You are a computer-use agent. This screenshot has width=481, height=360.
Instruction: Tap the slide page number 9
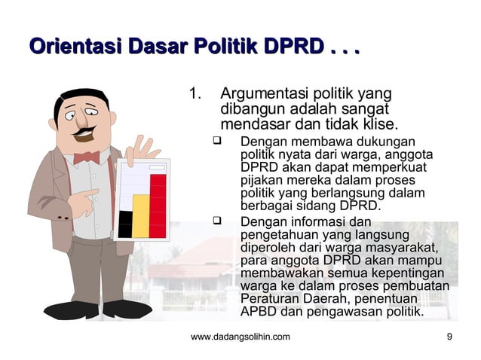[x=449, y=337]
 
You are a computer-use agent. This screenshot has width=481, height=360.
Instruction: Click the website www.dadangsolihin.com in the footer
[x=240, y=337]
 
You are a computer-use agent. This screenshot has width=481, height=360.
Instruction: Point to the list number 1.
[x=195, y=95]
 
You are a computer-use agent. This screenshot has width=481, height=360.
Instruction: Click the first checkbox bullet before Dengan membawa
[x=217, y=141]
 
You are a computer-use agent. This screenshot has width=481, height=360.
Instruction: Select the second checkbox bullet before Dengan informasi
[x=217, y=221]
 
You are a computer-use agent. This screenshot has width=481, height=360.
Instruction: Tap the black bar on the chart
[x=125, y=224]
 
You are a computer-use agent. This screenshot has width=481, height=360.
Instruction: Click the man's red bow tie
[x=86, y=157]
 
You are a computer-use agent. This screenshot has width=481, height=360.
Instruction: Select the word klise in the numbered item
[x=378, y=124]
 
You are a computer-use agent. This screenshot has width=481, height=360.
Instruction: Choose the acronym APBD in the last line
[x=258, y=311]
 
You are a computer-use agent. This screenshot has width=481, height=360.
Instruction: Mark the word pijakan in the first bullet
[x=261, y=181]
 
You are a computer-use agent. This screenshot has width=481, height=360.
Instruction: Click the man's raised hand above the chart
[x=141, y=150]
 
